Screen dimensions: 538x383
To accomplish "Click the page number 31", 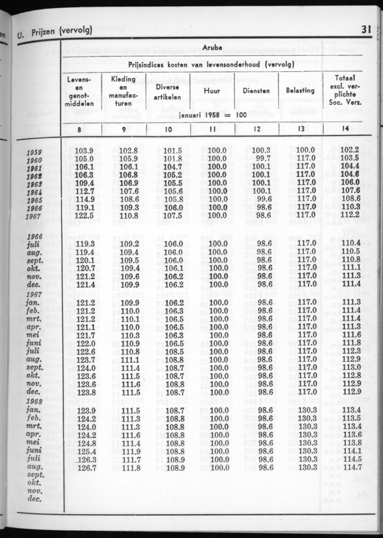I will (x=365, y=30).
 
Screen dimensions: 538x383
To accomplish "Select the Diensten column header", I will (x=256, y=90).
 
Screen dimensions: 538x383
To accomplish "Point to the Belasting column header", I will (x=300, y=90).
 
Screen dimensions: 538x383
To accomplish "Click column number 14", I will (x=346, y=129).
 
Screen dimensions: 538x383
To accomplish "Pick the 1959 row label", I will (x=34, y=152).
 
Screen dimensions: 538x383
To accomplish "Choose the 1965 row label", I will (x=34, y=200).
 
